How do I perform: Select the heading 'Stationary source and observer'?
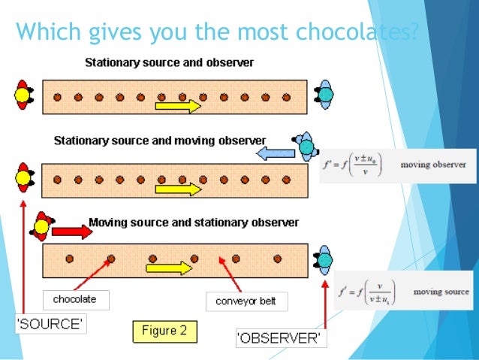click(x=169, y=62)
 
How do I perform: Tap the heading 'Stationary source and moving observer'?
click(x=160, y=141)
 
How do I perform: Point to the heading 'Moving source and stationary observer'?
click(x=194, y=222)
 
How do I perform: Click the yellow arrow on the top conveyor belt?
click(x=178, y=107)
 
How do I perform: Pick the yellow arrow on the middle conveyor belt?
click(x=179, y=189)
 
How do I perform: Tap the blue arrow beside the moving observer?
click(x=273, y=153)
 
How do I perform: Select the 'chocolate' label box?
click(x=75, y=300)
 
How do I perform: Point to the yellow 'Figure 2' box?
click(x=163, y=329)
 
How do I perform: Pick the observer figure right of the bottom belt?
click(x=325, y=258)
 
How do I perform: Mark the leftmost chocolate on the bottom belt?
click(x=69, y=258)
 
